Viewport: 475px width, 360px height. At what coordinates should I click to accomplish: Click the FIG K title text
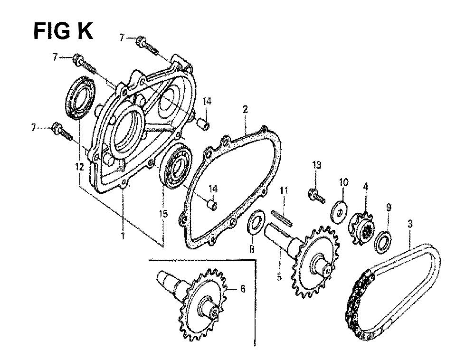click(x=63, y=31)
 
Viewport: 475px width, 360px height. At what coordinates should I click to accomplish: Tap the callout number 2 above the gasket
click(x=245, y=109)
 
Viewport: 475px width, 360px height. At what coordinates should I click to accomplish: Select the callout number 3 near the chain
click(x=410, y=224)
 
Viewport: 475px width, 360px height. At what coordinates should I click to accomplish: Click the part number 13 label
click(x=316, y=165)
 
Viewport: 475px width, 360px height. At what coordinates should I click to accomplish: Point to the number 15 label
click(x=163, y=214)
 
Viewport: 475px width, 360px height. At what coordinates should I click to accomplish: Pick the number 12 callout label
click(x=80, y=167)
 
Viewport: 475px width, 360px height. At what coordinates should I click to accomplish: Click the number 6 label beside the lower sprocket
click(x=242, y=289)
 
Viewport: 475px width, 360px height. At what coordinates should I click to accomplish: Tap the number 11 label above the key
click(x=284, y=191)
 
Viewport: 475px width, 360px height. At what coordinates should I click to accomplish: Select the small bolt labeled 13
click(x=316, y=195)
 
